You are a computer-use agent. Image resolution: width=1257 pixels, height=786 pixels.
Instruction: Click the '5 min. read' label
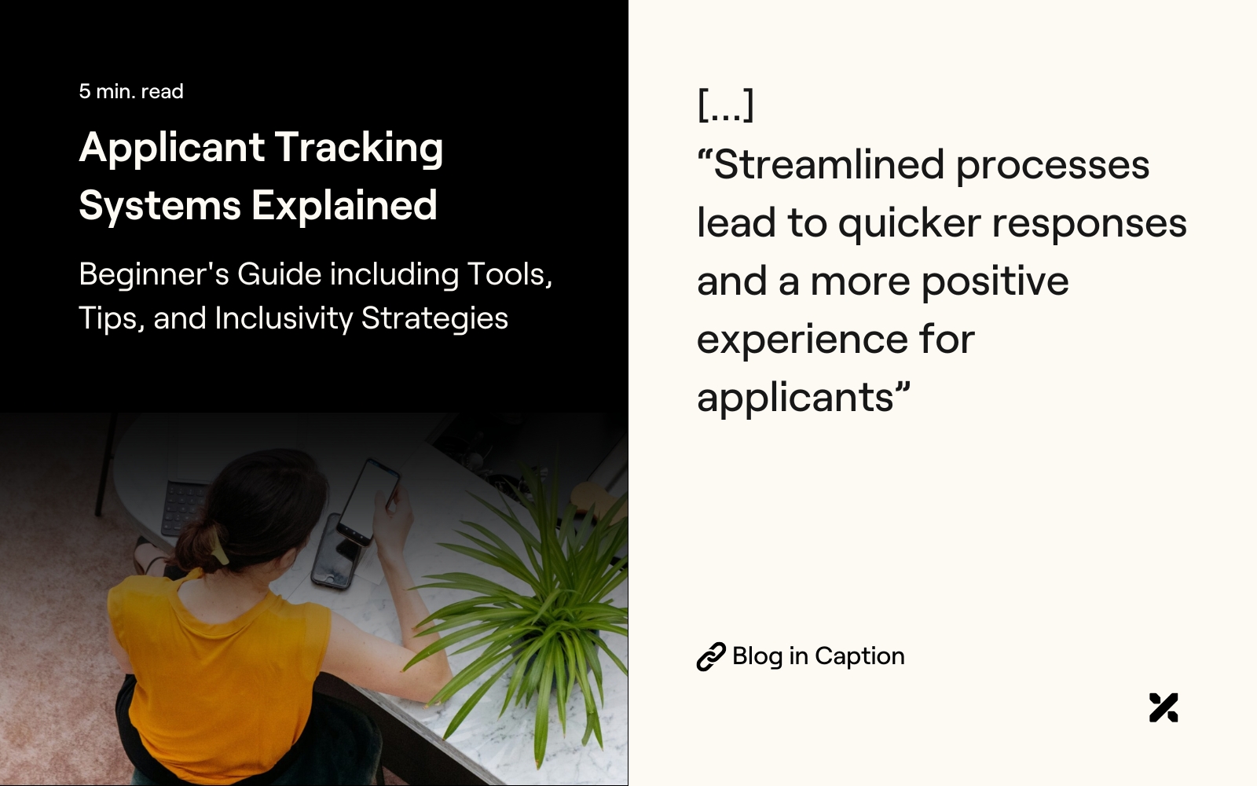pos(131,91)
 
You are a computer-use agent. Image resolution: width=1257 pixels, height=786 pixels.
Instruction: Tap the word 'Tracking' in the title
pos(359,148)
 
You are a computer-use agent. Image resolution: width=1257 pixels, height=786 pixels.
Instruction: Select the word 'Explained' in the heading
pos(344,206)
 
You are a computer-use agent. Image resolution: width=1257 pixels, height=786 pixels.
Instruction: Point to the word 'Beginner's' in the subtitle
pos(154,274)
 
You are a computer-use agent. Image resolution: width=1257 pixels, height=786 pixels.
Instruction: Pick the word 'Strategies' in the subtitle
pos(434,318)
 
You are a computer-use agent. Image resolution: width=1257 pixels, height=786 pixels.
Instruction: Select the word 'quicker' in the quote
pos(909,223)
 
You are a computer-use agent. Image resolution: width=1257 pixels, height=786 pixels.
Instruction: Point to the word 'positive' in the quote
pos(995,281)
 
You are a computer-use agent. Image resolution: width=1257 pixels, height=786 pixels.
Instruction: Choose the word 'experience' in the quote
pos(802,340)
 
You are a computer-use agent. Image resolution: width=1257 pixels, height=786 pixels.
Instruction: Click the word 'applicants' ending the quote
pos(795,398)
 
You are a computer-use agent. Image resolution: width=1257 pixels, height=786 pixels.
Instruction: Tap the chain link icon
pos(711,656)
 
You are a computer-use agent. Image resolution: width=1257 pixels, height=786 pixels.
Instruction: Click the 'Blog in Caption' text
pos(818,656)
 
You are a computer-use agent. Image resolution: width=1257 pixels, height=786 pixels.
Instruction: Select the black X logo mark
pos(1164,707)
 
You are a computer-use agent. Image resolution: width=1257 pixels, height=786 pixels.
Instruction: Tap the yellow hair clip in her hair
pos(216,549)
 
